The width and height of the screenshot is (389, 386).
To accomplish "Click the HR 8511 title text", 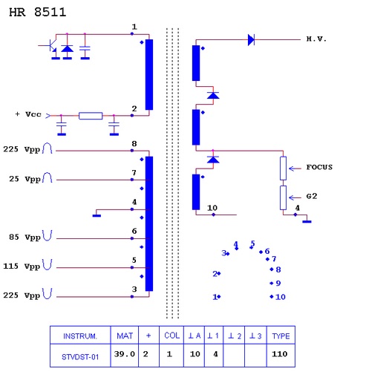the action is (38, 13).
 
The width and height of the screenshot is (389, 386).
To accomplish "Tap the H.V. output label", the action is (316, 39).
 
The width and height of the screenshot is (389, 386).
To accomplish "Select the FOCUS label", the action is (319, 167).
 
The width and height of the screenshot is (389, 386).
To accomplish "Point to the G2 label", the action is (312, 196).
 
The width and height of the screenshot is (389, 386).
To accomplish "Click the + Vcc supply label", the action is (28, 114).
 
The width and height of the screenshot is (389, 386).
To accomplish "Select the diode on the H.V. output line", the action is (251, 39).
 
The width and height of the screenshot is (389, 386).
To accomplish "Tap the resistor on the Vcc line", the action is (91, 116).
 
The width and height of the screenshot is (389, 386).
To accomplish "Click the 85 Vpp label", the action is (24, 237).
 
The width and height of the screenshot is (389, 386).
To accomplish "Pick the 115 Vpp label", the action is (22, 266).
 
